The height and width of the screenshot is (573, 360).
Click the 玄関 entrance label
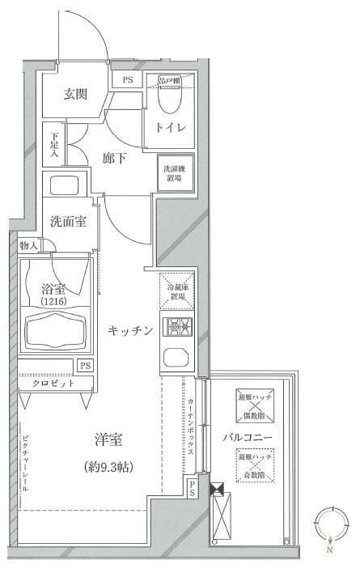point(75,93)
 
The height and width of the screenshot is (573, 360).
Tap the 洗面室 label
point(68,222)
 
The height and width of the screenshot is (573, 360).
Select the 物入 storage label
point(28,245)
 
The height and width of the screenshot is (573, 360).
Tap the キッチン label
point(131,329)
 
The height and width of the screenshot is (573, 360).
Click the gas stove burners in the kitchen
point(176,327)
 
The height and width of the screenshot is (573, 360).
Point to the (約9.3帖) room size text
point(108,467)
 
